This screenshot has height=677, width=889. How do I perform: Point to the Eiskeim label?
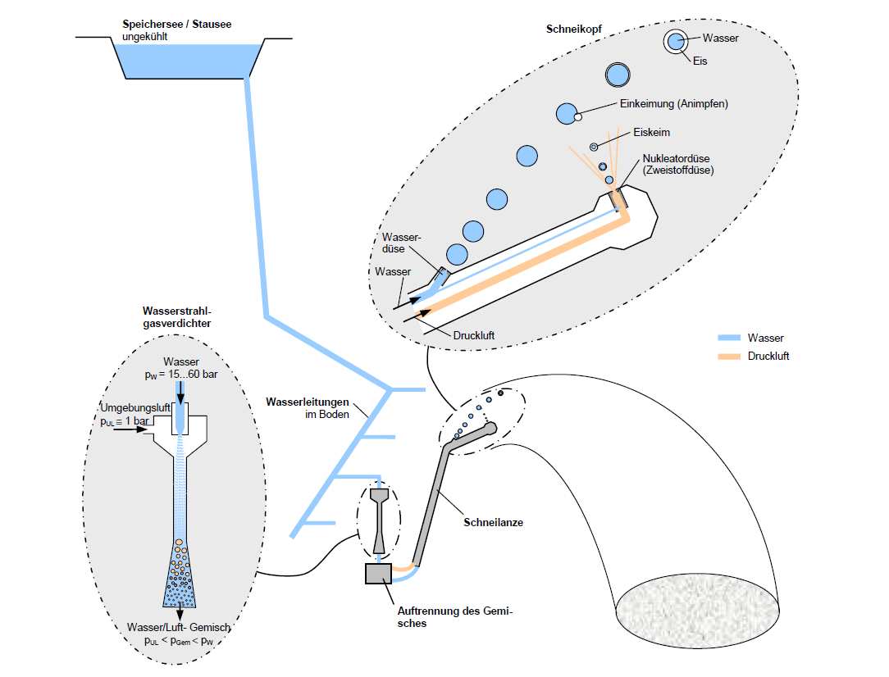tap(653, 132)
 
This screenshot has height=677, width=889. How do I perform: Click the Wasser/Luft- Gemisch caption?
tap(180, 628)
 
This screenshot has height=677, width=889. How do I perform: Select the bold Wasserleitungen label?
tap(308, 402)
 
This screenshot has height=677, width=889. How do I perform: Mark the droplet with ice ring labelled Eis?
tap(676, 41)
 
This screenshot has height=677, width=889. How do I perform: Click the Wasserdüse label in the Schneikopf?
tap(401, 243)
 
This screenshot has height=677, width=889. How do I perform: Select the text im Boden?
tap(333, 416)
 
